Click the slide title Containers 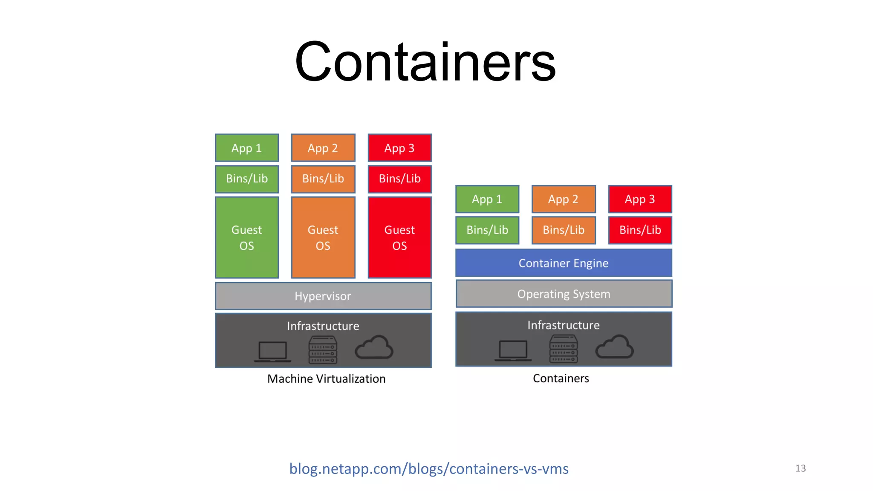coord(425,62)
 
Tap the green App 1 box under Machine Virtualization coord(246,148)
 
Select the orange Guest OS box coord(323,237)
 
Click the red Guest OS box coord(399,237)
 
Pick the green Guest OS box coord(246,237)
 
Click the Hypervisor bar coord(323,296)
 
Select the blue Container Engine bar coord(563,263)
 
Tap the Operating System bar coord(563,294)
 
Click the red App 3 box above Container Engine coord(639,199)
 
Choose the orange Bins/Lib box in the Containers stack coord(563,230)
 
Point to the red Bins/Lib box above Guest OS coord(399,179)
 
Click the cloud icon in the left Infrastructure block coord(374,347)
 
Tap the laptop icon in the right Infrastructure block coord(513,350)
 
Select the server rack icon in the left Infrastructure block coord(323,349)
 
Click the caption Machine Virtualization coord(326,378)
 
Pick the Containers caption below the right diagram coord(561,378)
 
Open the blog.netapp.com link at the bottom coord(428,468)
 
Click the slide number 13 coord(800,468)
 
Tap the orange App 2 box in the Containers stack coord(563,199)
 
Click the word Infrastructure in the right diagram coord(563,325)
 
